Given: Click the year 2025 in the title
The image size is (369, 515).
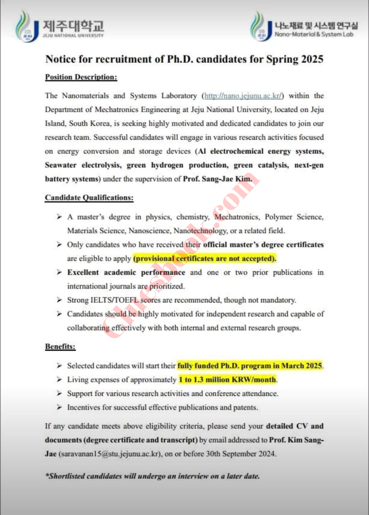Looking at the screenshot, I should pyautogui.click(x=310, y=59).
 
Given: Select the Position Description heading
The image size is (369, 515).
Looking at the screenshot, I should pyautogui.click(x=81, y=77).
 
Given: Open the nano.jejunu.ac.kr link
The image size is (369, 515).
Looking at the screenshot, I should pyautogui.click(x=244, y=96).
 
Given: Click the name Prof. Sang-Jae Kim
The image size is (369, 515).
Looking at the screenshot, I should pyautogui.click(x=217, y=179).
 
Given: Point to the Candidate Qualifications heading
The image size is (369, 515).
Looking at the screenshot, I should pyautogui.click(x=89, y=198).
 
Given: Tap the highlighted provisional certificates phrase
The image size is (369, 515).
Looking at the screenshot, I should pyautogui.click(x=205, y=258).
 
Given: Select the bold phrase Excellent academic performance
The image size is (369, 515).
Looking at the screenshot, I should pyautogui.click(x=126, y=272).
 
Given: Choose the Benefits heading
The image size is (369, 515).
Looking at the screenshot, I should pyautogui.click(x=60, y=346).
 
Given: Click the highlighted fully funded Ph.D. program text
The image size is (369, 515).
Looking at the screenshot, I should pyautogui.click(x=250, y=366).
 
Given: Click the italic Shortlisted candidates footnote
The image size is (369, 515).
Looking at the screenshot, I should pyautogui.click(x=153, y=476).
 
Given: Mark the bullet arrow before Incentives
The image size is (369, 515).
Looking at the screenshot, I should pyautogui.click(x=59, y=408).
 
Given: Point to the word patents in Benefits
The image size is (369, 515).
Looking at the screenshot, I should pyautogui.click(x=246, y=408).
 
